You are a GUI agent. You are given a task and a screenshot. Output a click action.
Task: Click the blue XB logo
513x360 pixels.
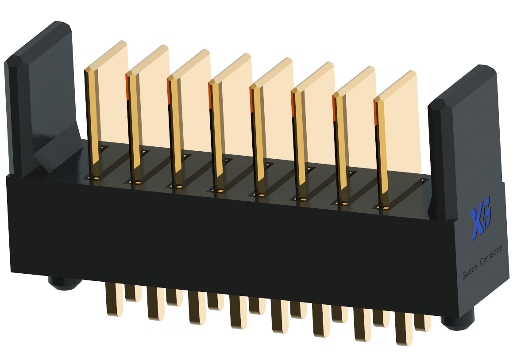coord(481,218)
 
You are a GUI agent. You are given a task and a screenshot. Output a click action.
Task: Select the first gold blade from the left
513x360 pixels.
coord(106,108)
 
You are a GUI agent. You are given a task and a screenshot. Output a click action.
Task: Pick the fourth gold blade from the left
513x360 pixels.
coord(231,121)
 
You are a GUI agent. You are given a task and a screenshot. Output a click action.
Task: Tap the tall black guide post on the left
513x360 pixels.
coord(41,98)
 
